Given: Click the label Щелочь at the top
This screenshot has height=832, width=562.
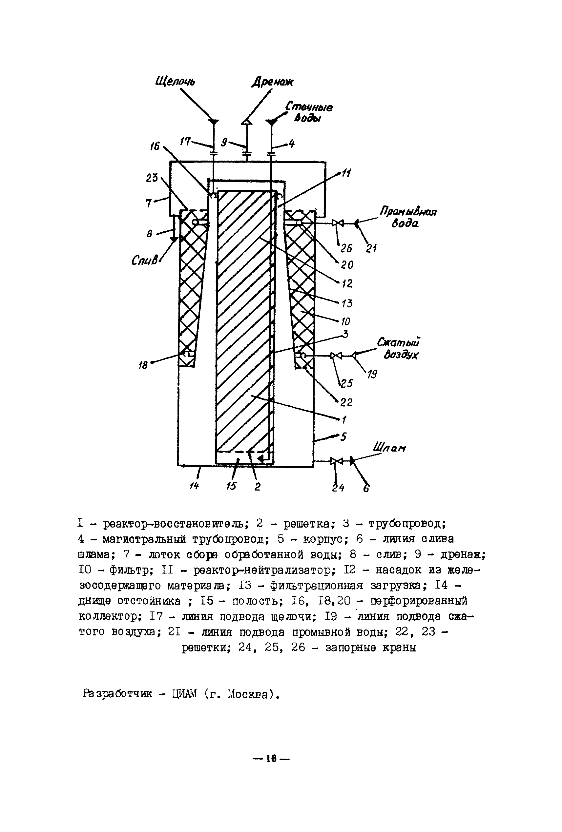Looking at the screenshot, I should click(175, 82).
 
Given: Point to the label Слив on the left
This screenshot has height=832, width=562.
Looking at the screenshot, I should click(144, 261).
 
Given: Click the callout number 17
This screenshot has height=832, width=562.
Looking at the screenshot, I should click(185, 142).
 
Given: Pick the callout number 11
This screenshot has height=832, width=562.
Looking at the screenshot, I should click(346, 173).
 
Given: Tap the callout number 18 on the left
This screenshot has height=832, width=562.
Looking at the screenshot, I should click(143, 365).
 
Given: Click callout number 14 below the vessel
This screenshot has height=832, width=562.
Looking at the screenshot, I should click(194, 486).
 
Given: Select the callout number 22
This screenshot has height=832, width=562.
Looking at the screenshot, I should click(346, 402).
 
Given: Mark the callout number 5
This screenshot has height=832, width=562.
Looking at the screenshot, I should click(343, 436).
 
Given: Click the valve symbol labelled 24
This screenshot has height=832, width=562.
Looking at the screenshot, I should click(336, 461).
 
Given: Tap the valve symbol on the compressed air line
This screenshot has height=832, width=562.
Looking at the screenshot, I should click(336, 356).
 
